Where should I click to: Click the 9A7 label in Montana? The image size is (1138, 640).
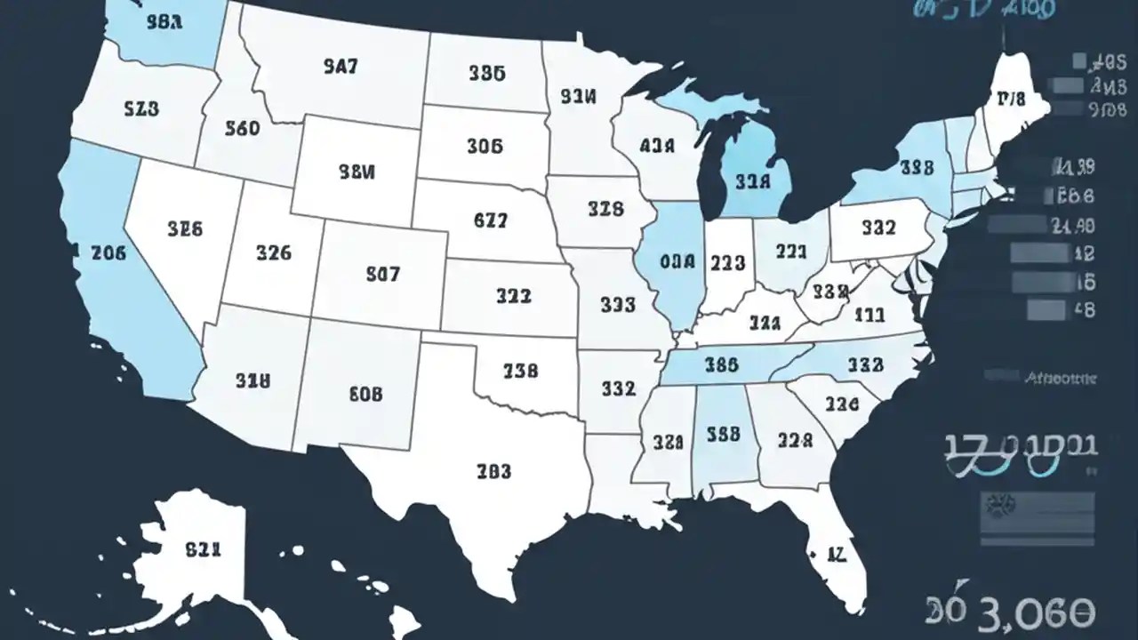341,66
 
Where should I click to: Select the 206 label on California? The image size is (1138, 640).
108,252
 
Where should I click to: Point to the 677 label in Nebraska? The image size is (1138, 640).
490,222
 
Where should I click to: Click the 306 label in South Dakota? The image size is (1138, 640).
485,145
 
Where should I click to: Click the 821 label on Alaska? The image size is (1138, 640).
203,549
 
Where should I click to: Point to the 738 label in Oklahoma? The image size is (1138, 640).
520,371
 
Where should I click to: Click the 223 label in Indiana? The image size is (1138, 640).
727,263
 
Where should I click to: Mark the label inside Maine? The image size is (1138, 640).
1011,99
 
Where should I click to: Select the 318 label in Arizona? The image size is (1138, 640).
252,381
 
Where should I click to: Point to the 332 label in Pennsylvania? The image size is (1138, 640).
878,228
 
